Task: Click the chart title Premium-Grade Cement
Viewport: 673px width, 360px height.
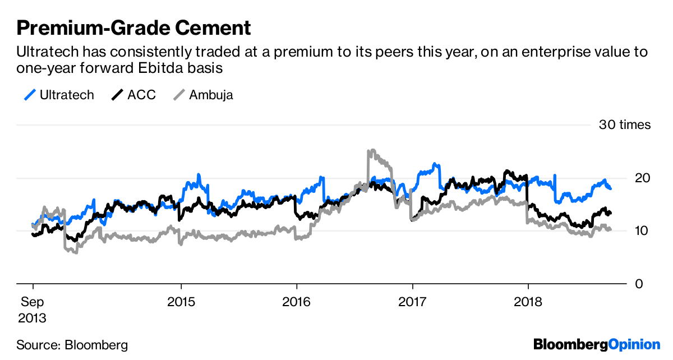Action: (133, 27)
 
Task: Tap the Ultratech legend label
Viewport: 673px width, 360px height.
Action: (66, 95)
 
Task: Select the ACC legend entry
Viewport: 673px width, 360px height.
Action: (141, 95)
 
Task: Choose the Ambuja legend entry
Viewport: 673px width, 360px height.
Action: (211, 95)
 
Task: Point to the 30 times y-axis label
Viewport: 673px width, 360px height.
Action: (625, 125)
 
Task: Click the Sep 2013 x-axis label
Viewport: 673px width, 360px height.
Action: (33, 310)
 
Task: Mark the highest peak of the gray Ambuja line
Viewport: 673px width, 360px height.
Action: (369, 151)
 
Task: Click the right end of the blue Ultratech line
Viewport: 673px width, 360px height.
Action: (610, 189)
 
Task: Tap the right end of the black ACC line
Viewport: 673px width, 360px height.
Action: (610, 213)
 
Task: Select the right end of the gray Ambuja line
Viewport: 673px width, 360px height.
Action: (610, 229)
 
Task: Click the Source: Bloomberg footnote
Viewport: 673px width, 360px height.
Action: (72, 344)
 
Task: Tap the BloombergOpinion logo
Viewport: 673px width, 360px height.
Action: (596, 344)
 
